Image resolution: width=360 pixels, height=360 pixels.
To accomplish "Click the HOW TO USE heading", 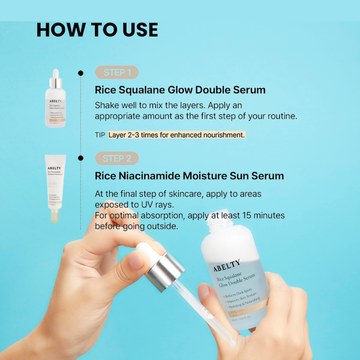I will pyautogui.click(x=97, y=30).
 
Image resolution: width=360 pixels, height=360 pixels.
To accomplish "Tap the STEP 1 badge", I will pyautogui.click(x=117, y=72).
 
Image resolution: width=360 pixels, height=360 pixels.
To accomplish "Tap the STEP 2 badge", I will pyautogui.click(x=117, y=158).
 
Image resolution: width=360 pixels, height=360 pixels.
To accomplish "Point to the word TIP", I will pyautogui.click(x=100, y=135).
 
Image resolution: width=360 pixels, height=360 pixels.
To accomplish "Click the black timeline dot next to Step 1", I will pyautogui.click(x=81, y=72).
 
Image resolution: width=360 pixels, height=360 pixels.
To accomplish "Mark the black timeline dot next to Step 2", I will pyautogui.click(x=81, y=158).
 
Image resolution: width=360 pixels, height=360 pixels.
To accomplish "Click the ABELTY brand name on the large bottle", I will pyautogui.click(x=227, y=265).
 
